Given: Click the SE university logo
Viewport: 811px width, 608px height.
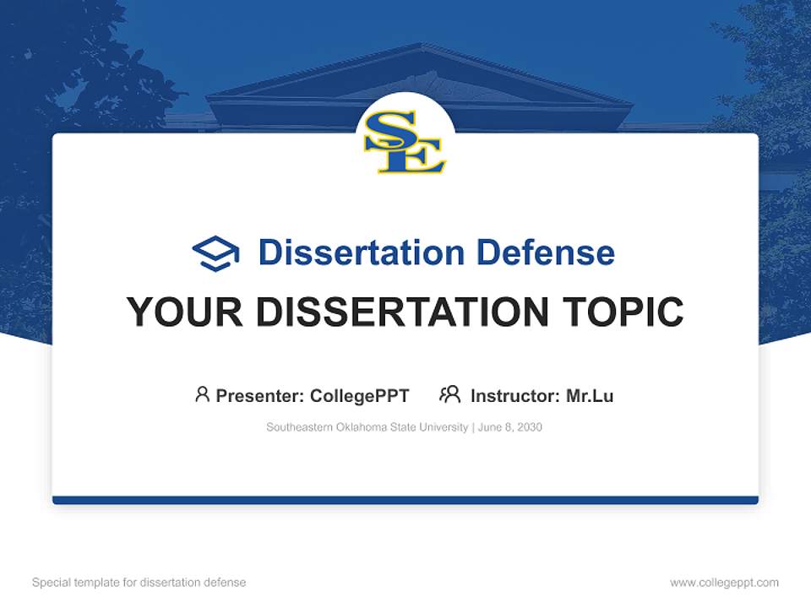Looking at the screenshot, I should click(405, 141).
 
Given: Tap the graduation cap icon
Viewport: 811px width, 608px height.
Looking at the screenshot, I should click(215, 252).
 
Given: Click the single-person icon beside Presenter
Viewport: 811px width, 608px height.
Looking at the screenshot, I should click(202, 394).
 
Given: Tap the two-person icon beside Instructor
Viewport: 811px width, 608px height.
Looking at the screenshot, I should click(449, 394).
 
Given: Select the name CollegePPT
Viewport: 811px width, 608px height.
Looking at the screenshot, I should click(359, 395).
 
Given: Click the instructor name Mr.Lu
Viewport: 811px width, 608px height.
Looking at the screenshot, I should click(590, 395).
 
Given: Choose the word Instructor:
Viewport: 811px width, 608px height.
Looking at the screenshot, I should click(514, 395).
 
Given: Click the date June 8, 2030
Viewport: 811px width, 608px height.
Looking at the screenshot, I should click(509, 427).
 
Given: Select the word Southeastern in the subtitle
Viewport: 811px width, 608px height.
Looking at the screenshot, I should click(298, 427).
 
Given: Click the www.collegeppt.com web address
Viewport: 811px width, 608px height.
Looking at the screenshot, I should click(724, 583).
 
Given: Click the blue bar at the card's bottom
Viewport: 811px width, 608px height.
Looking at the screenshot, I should click(405, 500).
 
